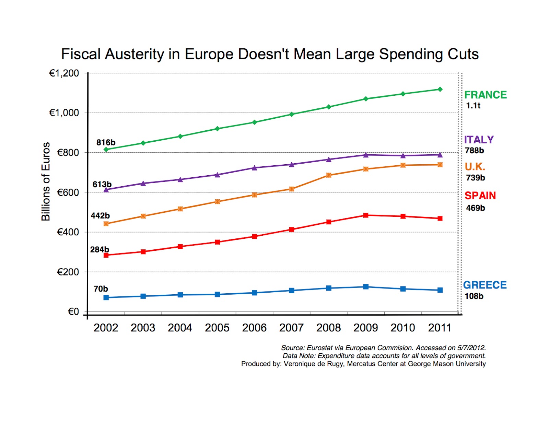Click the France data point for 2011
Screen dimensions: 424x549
tap(440, 89)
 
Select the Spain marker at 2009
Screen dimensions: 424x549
tap(366, 215)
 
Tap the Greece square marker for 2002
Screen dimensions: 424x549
tap(106, 297)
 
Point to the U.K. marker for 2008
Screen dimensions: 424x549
tap(329, 175)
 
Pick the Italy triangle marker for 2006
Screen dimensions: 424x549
tap(254, 168)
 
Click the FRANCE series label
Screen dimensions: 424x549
tap(485, 95)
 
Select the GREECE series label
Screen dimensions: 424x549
tap(484, 285)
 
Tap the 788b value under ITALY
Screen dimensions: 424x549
tap(474, 151)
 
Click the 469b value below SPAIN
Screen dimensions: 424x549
tap(475, 208)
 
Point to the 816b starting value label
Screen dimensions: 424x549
tap(106, 142)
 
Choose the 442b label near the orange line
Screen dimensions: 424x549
tap(100, 216)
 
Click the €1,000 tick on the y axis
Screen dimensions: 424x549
tap(64, 113)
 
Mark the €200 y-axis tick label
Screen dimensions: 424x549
tap(68, 272)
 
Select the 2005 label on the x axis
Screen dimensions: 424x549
tap(217, 328)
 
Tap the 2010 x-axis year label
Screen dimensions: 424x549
tap(403, 328)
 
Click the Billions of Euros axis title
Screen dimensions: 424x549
tap(46, 181)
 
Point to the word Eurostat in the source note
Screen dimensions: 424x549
tap(320, 348)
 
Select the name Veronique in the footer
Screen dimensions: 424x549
tap(300, 364)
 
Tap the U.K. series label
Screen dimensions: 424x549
tap(475, 167)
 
